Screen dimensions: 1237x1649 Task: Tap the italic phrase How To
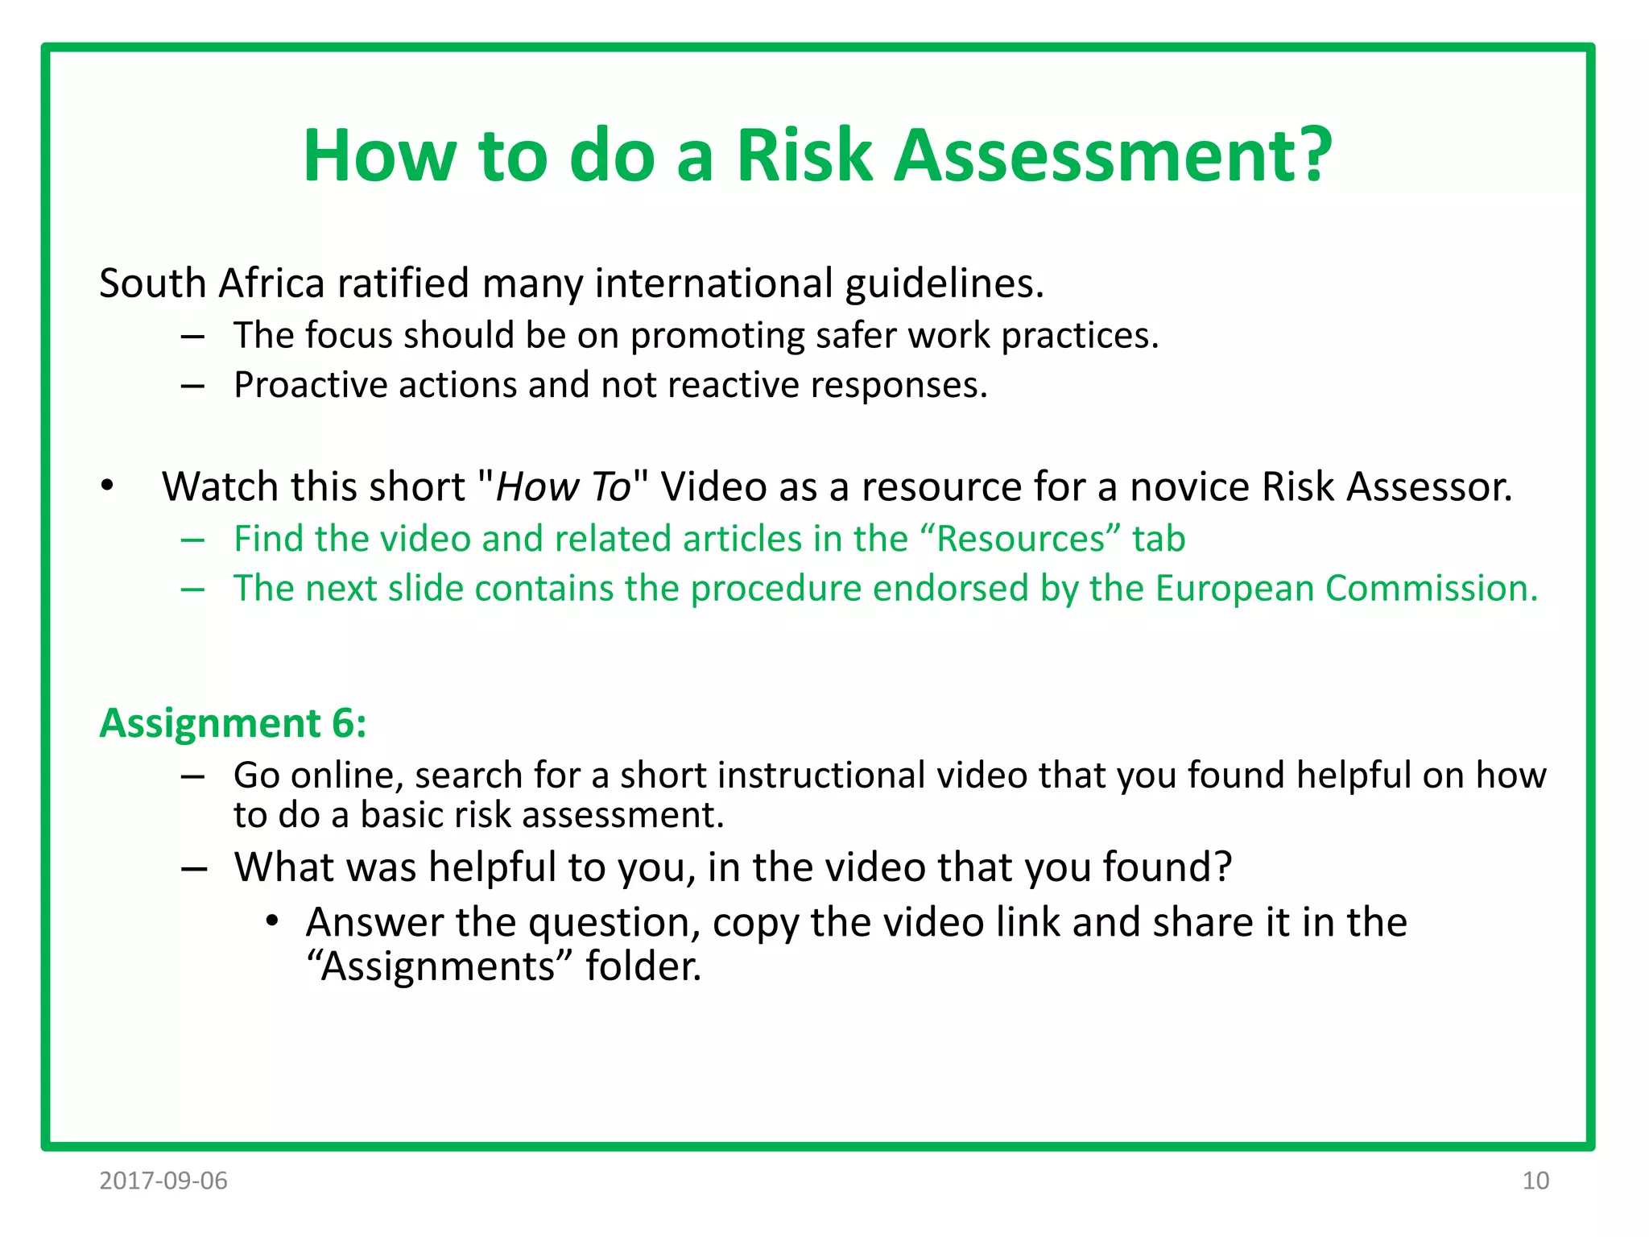click(563, 486)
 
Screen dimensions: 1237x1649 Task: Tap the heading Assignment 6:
click(233, 722)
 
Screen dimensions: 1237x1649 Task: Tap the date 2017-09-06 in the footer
click(163, 1181)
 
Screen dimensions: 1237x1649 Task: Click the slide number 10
click(1535, 1181)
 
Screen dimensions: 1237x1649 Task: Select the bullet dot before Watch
click(107, 486)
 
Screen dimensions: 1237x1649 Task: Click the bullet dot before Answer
click(273, 921)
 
